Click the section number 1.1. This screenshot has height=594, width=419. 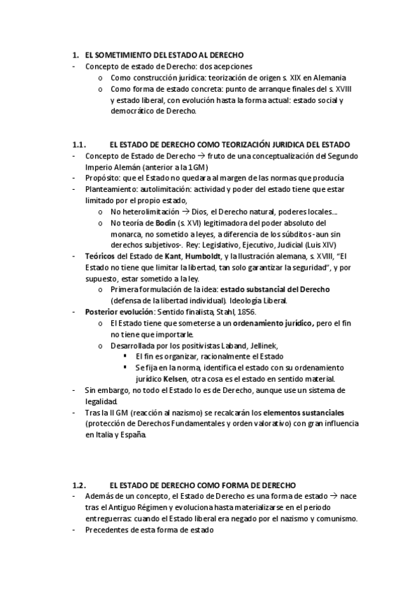pos(79,144)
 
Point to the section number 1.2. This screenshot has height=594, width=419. pos(79,485)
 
